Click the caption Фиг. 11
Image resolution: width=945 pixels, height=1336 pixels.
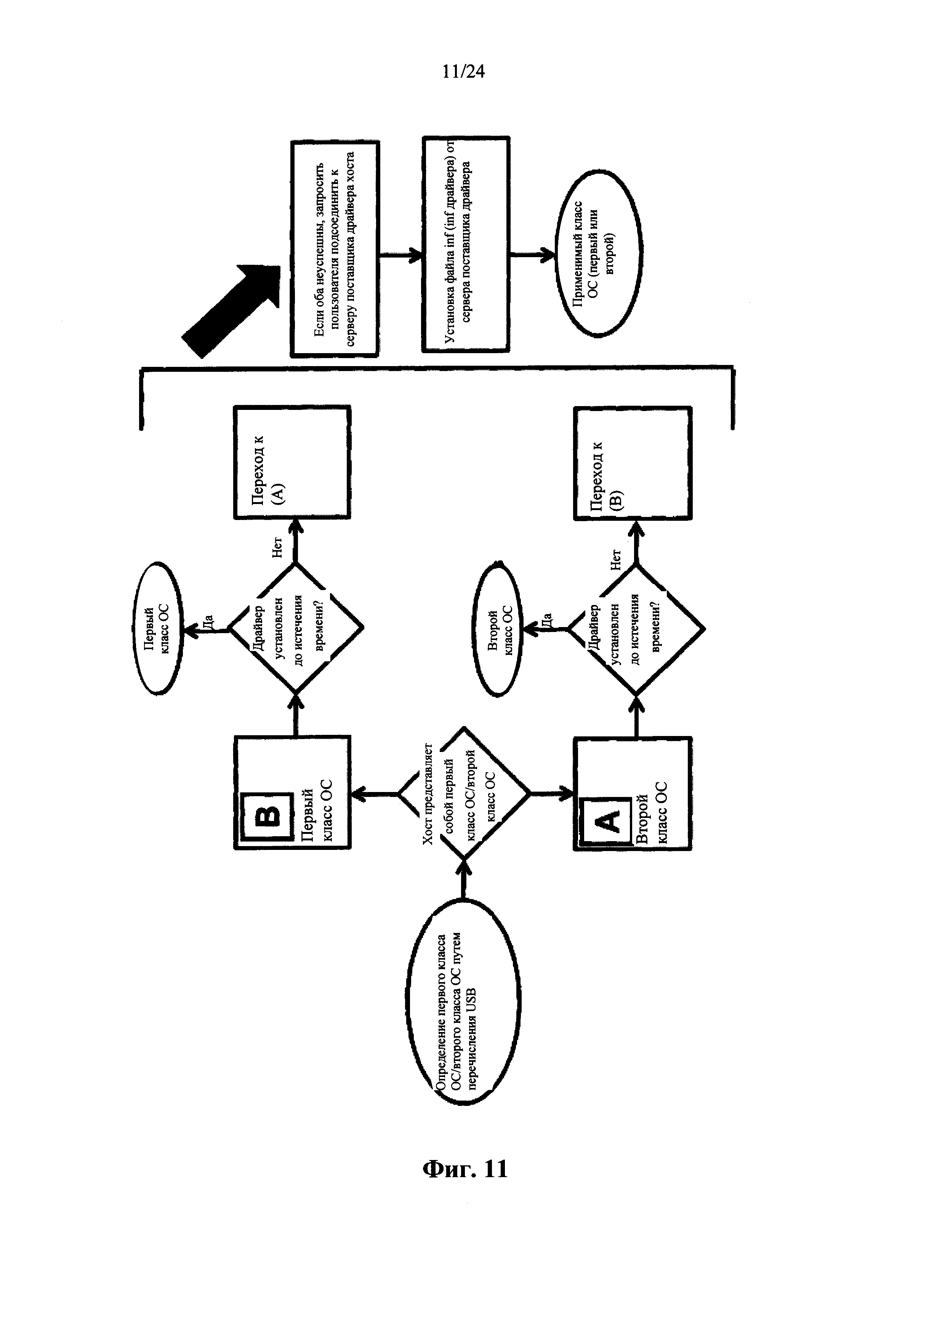point(464,1168)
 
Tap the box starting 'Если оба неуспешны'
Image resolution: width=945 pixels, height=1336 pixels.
point(335,249)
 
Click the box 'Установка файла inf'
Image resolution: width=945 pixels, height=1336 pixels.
point(466,245)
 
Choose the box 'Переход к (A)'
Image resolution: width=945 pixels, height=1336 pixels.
point(292,462)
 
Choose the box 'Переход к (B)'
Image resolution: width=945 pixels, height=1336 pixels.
point(633,462)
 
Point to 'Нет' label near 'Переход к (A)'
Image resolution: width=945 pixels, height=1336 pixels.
point(277,547)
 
